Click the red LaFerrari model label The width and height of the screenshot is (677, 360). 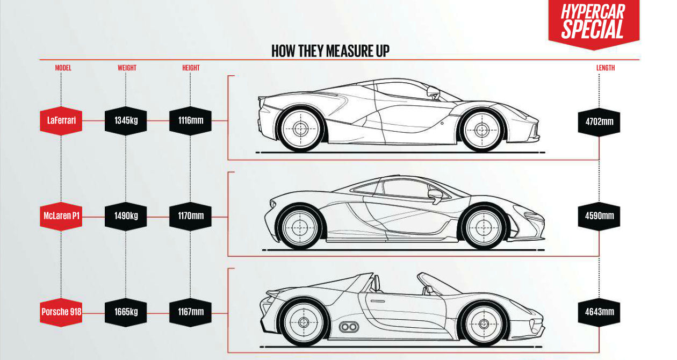click(61, 121)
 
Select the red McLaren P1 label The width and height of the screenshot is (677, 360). click(61, 216)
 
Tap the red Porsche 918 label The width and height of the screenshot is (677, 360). click(61, 311)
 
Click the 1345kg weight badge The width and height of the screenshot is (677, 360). click(126, 121)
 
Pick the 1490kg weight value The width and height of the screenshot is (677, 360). click(126, 216)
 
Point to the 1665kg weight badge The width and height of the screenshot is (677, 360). click(126, 311)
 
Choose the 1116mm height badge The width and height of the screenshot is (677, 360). click(191, 121)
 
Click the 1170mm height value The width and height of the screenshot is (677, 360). click(191, 216)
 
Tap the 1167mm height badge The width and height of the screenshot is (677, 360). click(191, 311)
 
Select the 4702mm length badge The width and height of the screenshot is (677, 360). click(599, 121)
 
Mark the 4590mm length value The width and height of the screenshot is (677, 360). click(599, 217)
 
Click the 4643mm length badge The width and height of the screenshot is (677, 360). click(599, 311)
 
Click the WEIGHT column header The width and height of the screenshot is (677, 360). click(127, 68)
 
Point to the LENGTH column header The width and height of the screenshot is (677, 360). click(605, 68)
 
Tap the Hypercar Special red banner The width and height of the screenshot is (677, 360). click(593, 23)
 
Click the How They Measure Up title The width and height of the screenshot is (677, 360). click(330, 52)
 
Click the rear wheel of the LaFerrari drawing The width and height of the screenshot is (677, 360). click(300, 129)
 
